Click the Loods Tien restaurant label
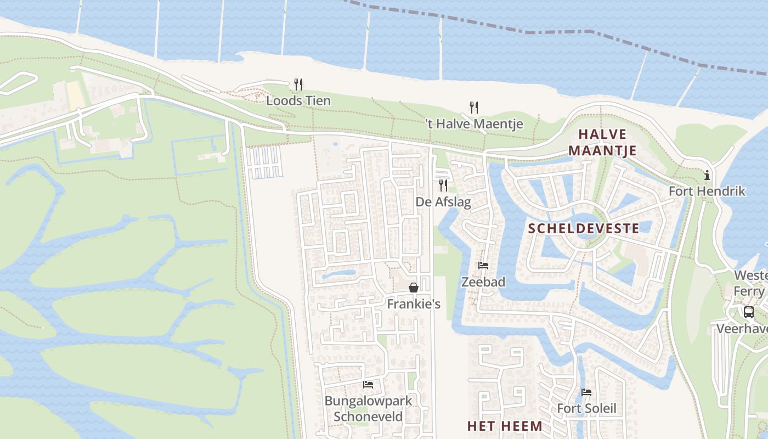click(x=298, y=100)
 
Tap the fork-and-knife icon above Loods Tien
click(x=298, y=84)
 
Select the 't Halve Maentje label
click(x=475, y=124)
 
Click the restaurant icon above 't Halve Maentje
click(x=474, y=107)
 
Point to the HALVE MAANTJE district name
click(x=602, y=142)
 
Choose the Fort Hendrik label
click(x=707, y=191)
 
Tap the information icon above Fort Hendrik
click(x=707, y=176)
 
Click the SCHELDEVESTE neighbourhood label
click(x=584, y=229)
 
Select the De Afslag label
click(x=443, y=201)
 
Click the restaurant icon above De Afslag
click(x=443, y=185)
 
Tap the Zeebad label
click(x=483, y=282)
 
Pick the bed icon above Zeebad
click(x=483, y=266)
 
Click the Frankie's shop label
click(x=414, y=303)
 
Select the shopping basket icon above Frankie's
click(x=414, y=288)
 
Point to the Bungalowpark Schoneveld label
click(x=368, y=408)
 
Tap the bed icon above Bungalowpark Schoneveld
click(x=368, y=385)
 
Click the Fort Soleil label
click(x=586, y=408)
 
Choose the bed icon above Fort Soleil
click(x=586, y=392)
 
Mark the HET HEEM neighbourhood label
click(x=505, y=426)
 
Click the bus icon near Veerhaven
click(x=748, y=312)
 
